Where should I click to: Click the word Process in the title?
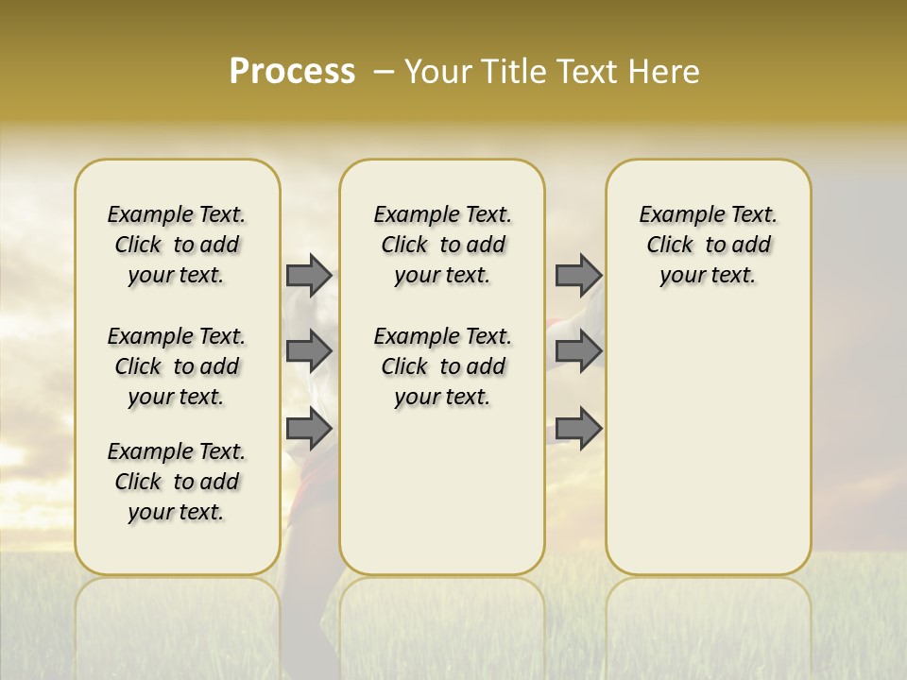click(x=292, y=71)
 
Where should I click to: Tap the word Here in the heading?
click(x=665, y=71)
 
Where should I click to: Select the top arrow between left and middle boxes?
click(x=309, y=275)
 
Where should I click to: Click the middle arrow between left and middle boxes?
click(x=309, y=351)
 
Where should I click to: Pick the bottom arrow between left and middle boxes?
click(x=309, y=429)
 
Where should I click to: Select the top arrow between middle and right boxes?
click(x=578, y=275)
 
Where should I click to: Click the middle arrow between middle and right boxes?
click(x=578, y=351)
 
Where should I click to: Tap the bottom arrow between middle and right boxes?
click(x=578, y=429)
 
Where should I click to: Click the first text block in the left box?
click(x=177, y=245)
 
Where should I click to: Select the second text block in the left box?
click(x=177, y=366)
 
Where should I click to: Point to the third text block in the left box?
click(x=177, y=482)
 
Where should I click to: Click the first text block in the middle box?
click(x=442, y=245)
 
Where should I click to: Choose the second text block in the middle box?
click(x=442, y=366)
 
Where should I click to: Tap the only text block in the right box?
click(x=708, y=245)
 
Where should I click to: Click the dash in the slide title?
click(x=384, y=72)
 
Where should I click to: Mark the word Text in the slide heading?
click(x=591, y=71)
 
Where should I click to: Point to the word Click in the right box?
click(x=670, y=245)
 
